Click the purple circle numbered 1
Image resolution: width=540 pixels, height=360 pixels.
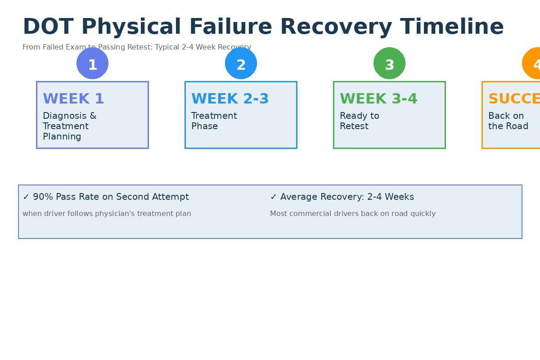(92, 63)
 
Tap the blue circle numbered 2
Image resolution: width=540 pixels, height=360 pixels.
(241, 63)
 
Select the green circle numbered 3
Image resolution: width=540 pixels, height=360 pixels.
(389, 63)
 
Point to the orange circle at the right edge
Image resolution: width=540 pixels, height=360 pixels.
(533, 63)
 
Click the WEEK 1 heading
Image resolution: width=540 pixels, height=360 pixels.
(73, 99)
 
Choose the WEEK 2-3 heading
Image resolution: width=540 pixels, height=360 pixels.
(230, 99)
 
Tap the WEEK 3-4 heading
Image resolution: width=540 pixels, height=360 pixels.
(378, 99)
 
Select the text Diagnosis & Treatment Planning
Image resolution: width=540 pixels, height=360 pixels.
(69, 126)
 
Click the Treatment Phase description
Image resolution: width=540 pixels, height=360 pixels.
(214, 121)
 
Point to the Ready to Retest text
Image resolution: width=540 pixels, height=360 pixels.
(359, 121)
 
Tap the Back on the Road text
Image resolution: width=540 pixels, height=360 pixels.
(508, 121)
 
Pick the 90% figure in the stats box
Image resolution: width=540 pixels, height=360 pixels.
(42, 197)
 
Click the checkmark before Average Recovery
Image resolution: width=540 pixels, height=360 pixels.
(274, 197)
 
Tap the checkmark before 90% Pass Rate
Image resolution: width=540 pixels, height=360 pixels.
(26, 197)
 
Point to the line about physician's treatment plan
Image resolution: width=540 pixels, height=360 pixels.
(107, 214)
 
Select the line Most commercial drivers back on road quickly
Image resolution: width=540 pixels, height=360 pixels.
(352, 214)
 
